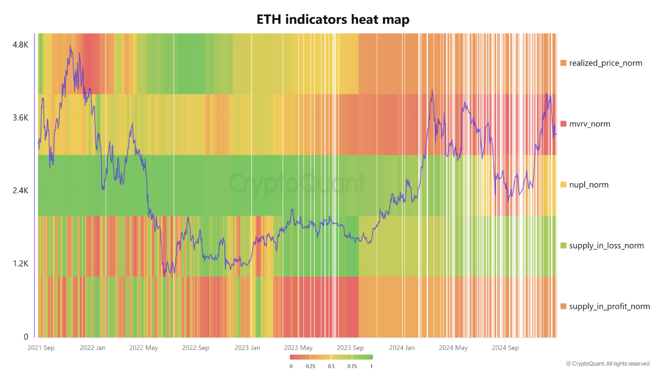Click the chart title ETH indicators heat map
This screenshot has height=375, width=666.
(x=333, y=19)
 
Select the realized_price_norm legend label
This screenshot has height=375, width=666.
(x=606, y=63)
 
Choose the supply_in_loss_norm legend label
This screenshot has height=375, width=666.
(x=607, y=246)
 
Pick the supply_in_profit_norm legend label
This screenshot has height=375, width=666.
(x=609, y=306)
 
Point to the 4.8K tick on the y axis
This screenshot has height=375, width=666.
(x=20, y=45)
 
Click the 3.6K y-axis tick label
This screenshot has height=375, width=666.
(x=20, y=118)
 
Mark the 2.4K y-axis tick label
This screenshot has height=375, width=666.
(x=20, y=191)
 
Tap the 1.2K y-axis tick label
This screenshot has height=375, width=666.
(x=20, y=264)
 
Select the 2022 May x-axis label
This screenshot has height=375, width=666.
(x=144, y=347)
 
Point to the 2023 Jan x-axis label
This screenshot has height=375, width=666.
(x=247, y=347)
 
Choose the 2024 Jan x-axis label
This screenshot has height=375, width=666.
(x=402, y=347)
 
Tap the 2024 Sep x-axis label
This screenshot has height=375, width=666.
(x=506, y=347)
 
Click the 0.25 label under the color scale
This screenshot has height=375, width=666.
(x=311, y=366)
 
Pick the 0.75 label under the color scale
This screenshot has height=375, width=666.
(x=352, y=366)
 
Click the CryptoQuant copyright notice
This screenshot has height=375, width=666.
(x=607, y=364)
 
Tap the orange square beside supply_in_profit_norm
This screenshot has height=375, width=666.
(x=563, y=306)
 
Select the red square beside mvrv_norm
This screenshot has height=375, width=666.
(x=563, y=124)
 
